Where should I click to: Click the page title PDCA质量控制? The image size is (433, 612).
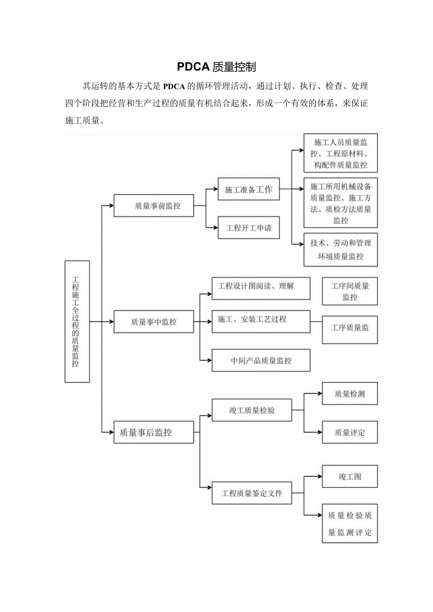216,67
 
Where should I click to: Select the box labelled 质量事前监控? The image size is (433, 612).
153,206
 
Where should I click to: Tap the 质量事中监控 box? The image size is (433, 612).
153,322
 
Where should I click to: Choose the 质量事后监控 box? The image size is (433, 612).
153,432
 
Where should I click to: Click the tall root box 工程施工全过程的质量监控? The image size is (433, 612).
77,322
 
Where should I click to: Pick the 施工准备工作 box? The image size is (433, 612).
249,190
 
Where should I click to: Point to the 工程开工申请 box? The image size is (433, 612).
249,228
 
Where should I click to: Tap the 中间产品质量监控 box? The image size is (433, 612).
261,360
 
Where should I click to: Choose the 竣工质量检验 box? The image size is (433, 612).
252,410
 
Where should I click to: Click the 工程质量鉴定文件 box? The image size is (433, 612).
252,493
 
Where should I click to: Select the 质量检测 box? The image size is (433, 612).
350,394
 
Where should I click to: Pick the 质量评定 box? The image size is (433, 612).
350,432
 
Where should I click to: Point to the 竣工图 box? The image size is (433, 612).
350,477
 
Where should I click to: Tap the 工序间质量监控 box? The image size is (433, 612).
350,291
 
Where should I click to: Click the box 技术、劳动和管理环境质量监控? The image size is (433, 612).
341,250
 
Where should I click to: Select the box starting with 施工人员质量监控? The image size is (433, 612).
341,153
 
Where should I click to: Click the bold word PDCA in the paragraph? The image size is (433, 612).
174,86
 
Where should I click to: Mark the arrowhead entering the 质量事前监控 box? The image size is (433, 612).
111,206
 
